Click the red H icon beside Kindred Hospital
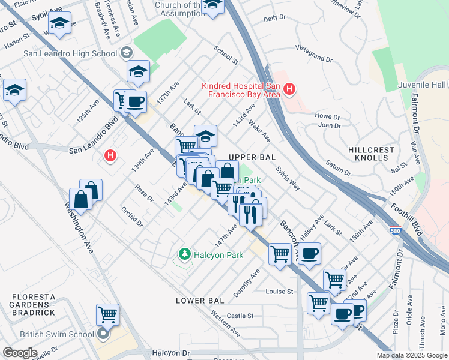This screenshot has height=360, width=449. click(289, 90)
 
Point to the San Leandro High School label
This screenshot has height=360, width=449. click(70, 53)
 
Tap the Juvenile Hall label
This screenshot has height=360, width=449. click(423, 86)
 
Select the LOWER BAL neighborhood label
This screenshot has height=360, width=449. click(200, 300)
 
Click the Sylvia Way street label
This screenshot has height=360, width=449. click(288, 178)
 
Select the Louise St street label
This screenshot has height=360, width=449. click(280, 292)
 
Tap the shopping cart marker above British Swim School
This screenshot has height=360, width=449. click(107, 314)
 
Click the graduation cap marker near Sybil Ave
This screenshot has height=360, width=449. click(59, 23)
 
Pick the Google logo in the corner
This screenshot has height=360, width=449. click(19, 353)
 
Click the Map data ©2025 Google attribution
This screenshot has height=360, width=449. click(412, 355)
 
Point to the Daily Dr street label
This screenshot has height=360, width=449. click(275, 19)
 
